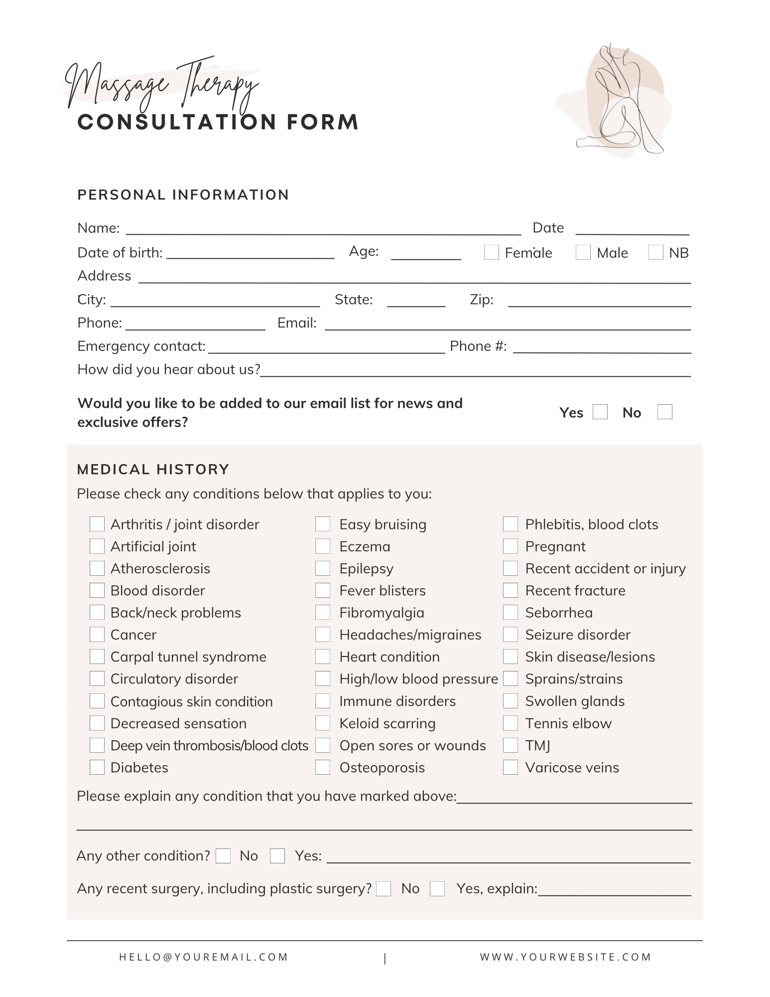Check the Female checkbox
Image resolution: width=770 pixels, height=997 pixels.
[491, 252]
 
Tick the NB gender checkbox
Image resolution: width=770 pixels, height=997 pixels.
[655, 252]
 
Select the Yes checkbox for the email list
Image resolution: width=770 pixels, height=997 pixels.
[600, 412]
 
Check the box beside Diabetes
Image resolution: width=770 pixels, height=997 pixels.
[97, 767]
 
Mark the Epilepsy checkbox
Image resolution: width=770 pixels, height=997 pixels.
[323, 568]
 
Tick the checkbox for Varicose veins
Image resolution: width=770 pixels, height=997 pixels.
[511, 767]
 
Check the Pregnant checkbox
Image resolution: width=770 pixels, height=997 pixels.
[511, 546]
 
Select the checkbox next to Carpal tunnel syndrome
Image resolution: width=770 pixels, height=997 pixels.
[97, 657]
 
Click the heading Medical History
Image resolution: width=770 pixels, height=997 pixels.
[153, 469]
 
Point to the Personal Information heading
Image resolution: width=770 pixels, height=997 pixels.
[183, 194]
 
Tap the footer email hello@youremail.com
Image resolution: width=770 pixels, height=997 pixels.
[204, 957]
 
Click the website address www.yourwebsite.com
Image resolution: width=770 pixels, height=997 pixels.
[566, 957]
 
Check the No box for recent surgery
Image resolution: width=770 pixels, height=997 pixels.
[384, 889]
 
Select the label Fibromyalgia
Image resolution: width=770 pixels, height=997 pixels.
[382, 613]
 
